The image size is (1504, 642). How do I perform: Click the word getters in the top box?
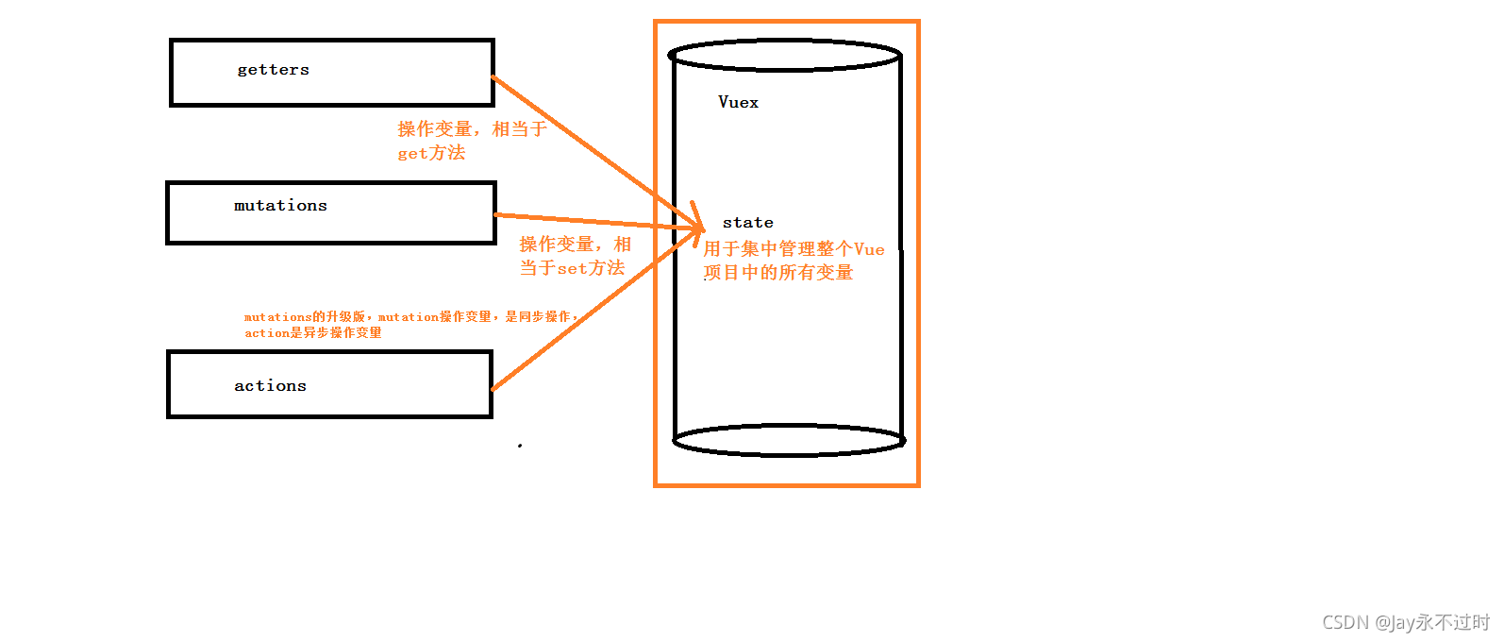pyautogui.click(x=273, y=70)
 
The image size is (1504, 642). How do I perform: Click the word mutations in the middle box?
pyautogui.click(x=280, y=206)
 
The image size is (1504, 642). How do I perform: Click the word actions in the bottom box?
pyautogui.click(x=270, y=386)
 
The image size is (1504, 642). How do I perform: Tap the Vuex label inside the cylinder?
pyautogui.click(x=738, y=102)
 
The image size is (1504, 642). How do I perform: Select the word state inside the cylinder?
pyautogui.click(x=747, y=223)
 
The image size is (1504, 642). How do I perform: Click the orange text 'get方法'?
pyautogui.click(x=431, y=153)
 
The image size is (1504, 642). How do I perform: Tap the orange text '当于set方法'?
pyautogui.click(x=572, y=268)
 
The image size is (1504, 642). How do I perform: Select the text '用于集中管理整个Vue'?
pyautogui.click(x=794, y=249)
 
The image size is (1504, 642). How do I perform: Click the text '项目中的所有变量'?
pyautogui.click(x=778, y=273)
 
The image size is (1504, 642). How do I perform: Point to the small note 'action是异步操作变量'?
pyautogui.click(x=313, y=333)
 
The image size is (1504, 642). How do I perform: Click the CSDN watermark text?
pyautogui.click(x=1405, y=622)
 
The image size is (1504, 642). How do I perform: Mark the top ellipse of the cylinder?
pyautogui.click(x=784, y=42)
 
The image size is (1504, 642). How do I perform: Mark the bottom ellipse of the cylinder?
pyautogui.click(x=789, y=453)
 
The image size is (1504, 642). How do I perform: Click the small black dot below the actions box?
pyautogui.click(x=520, y=445)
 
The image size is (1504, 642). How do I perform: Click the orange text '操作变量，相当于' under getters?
pyautogui.click(x=472, y=129)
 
